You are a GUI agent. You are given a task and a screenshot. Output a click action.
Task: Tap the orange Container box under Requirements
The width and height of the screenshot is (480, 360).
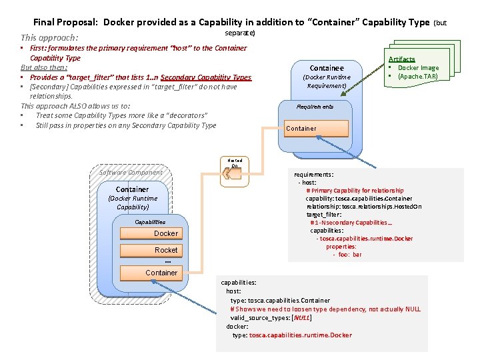pos(317,128)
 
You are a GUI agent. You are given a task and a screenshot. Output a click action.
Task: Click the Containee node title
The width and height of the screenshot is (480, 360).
pos(327,68)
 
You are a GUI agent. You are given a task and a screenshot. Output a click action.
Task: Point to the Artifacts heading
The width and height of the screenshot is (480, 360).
pos(401,59)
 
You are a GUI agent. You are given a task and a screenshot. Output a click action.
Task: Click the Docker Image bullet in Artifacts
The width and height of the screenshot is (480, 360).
pos(418,68)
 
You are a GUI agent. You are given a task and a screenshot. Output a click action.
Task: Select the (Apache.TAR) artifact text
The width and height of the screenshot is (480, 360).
pos(418,77)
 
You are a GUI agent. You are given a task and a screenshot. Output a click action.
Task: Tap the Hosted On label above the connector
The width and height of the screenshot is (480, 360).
pos(235,163)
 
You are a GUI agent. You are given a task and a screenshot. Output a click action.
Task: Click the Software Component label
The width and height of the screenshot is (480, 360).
pos(131,173)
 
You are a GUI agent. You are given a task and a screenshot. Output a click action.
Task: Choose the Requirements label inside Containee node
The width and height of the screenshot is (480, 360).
pos(315,107)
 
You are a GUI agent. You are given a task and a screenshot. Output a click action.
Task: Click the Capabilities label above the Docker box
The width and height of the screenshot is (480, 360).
pos(150,221)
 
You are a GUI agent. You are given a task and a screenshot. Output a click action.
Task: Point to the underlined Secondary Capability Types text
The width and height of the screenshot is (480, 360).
pos(206,77)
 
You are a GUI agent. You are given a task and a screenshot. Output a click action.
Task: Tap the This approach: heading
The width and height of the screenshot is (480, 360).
pos(49,38)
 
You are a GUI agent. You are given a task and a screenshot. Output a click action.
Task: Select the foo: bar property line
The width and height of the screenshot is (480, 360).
pos(347,255)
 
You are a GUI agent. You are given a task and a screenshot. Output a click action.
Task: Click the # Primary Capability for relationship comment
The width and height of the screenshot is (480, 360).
pos(355,191)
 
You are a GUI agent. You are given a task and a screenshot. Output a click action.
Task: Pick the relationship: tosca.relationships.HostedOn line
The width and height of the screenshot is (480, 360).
pos(363,207)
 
